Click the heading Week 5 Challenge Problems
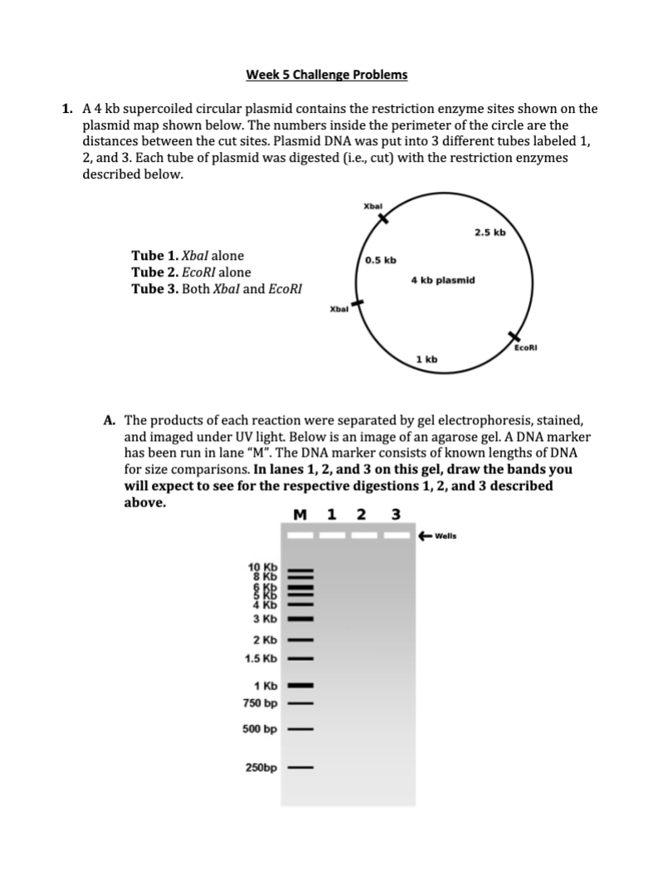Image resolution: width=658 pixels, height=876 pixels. (x=327, y=75)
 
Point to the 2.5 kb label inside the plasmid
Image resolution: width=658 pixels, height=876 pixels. (x=490, y=232)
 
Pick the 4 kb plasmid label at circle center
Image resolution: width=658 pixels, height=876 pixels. (x=443, y=281)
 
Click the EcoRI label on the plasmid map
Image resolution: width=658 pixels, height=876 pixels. (x=526, y=349)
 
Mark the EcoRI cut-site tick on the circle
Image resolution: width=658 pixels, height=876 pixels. (x=514, y=335)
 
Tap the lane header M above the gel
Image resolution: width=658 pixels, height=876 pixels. (x=300, y=514)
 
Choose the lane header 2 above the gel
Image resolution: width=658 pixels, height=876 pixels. (x=361, y=514)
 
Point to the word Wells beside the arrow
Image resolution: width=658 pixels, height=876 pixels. (x=446, y=536)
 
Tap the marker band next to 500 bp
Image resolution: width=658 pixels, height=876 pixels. (x=300, y=730)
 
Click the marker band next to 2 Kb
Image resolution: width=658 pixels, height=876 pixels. (x=300, y=640)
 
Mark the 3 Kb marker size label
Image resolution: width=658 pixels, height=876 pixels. (x=264, y=619)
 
